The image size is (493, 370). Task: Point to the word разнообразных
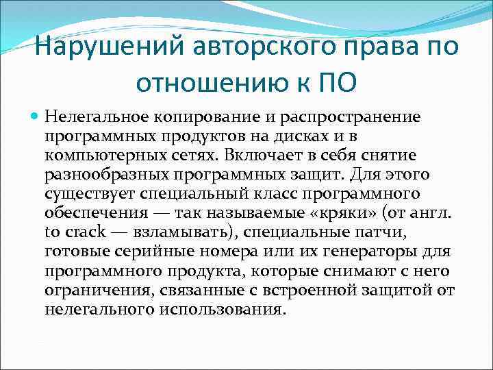tap(99, 175)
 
